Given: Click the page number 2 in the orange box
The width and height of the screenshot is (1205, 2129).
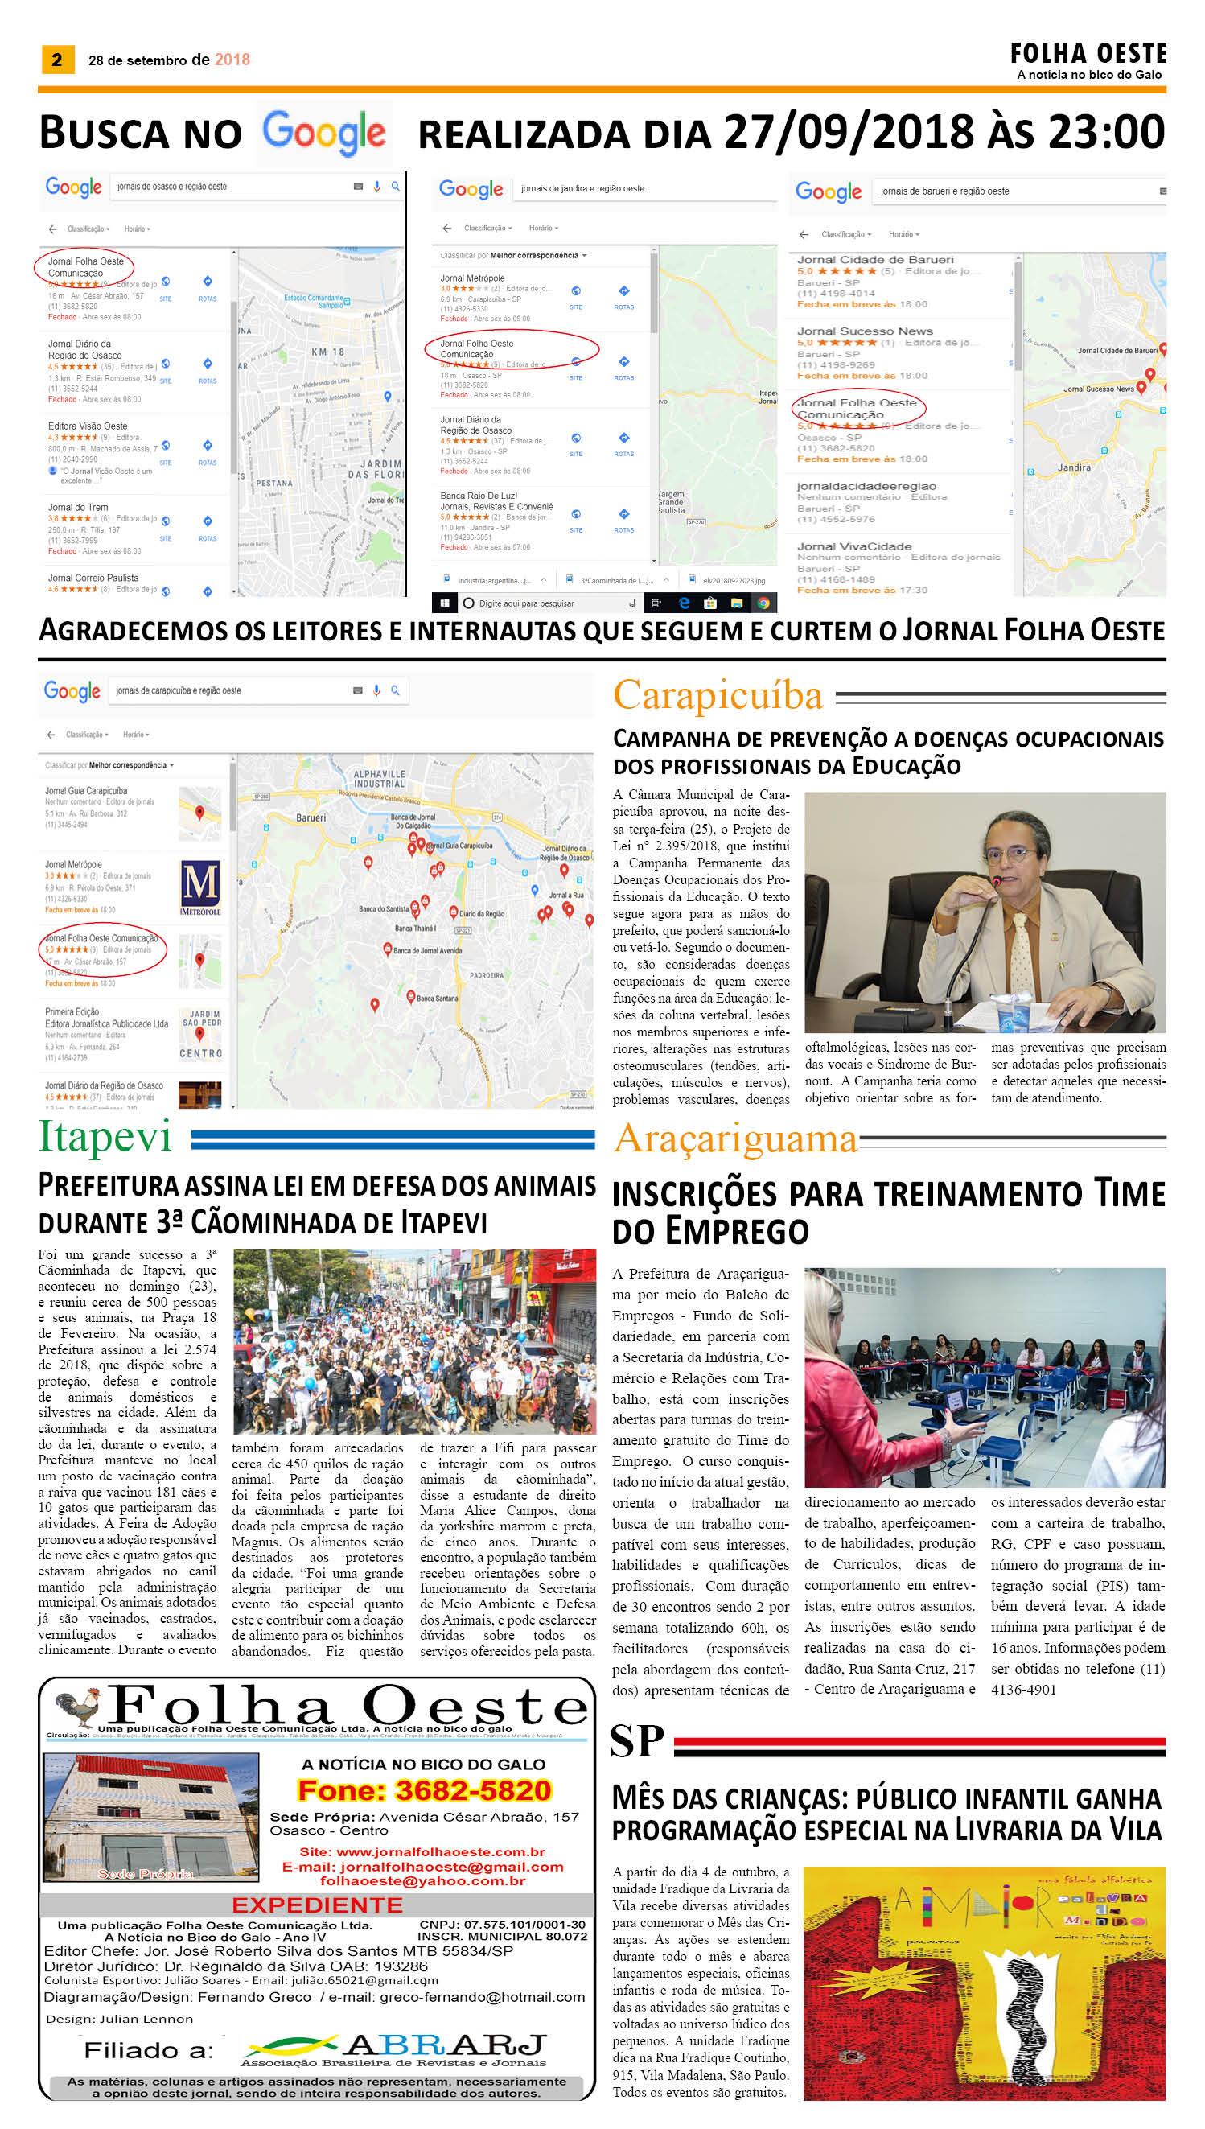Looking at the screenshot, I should pos(57,60).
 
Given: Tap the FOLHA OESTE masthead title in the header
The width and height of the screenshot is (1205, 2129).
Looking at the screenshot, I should pos(1088,54).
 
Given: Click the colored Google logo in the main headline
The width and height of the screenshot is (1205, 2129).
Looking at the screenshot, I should pos(323,133).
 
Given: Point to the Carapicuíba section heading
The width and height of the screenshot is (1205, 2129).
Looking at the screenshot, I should pos(718,695).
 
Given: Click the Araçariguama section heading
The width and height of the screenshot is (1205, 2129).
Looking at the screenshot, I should pos(735,1139).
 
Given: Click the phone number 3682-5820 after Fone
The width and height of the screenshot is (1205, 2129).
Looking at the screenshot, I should pos(472,1790).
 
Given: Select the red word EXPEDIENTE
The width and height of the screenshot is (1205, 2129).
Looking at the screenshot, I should pos(317,1905).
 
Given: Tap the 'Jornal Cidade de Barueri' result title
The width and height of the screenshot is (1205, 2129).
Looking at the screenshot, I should pos(874,260).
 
